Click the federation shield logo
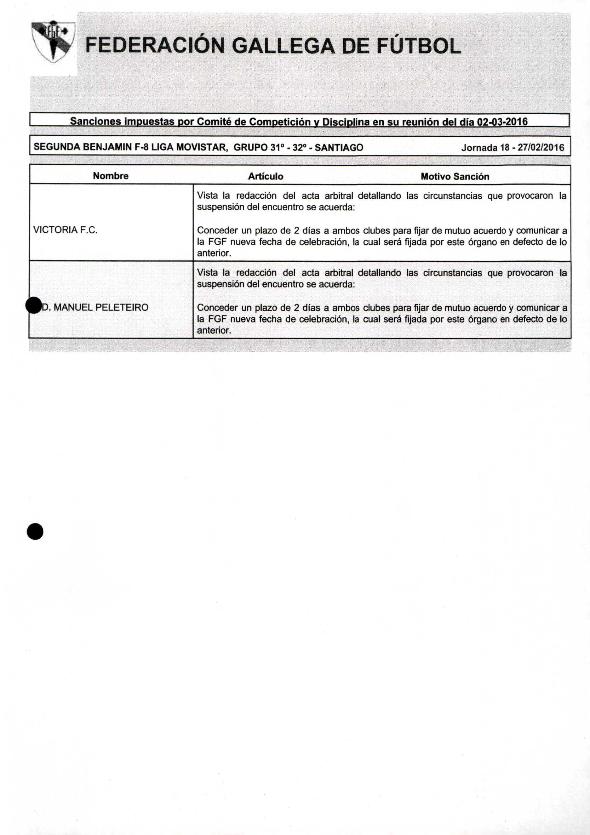click(x=53, y=41)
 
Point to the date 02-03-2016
click(x=502, y=121)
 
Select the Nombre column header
click(x=110, y=176)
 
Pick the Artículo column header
click(x=265, y=176)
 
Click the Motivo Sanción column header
click(x=455, y=176)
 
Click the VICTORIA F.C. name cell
click(x=65, y=230)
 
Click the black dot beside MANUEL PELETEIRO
click(x=34, y=305)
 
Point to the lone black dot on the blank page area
click(x=35, y=531)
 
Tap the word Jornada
click(x=480, y=148)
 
